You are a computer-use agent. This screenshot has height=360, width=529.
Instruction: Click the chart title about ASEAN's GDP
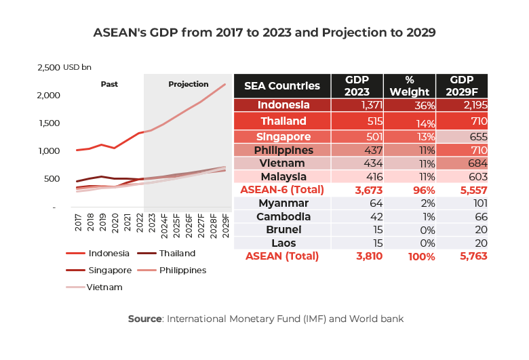tap(264, 33)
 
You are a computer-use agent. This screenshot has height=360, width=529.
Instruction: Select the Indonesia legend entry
tap(109, 254)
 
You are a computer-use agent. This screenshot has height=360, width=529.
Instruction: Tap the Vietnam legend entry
tap(105, 287)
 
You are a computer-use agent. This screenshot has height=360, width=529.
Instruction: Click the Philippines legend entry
tap(183, 270)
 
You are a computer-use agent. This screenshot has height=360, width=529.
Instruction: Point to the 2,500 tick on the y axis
tap(48, 67)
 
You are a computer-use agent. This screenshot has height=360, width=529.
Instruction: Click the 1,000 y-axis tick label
tap(49, 151)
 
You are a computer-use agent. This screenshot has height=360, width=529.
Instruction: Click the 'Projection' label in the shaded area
tap(188, 85)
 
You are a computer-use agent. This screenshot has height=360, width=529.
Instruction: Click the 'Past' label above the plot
tap(109, 85)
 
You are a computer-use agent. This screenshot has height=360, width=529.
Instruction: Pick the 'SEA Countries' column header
tap(281, 86)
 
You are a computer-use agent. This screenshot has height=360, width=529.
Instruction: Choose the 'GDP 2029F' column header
tap(462, 86)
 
